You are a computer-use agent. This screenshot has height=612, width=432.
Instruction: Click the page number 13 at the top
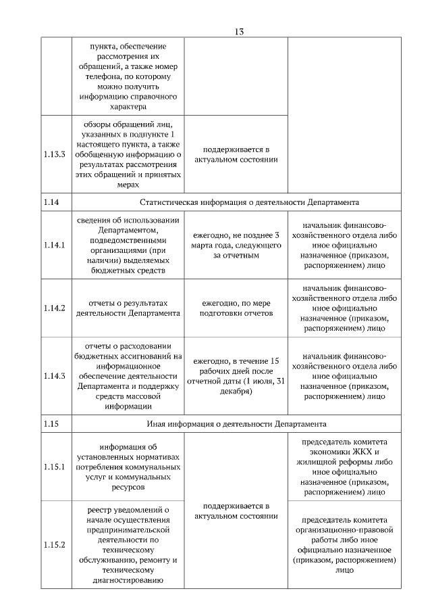click(239, 31)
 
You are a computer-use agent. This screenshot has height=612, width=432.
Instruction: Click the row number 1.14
click(51, 202)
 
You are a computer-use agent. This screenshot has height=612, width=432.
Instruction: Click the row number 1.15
click(51, 424)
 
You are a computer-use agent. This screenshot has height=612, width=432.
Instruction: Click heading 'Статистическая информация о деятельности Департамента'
click(249, 202)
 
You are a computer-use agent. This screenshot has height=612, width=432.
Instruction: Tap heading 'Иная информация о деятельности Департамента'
click(236, 424)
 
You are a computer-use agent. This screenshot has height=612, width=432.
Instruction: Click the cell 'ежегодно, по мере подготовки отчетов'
click(236, 308)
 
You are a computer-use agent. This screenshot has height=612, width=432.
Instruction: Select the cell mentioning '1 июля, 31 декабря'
click(236, 375)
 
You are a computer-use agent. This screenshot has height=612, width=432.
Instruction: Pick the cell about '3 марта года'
click(236, 245)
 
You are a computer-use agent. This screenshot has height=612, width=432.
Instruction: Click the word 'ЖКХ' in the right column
click(361, 452)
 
